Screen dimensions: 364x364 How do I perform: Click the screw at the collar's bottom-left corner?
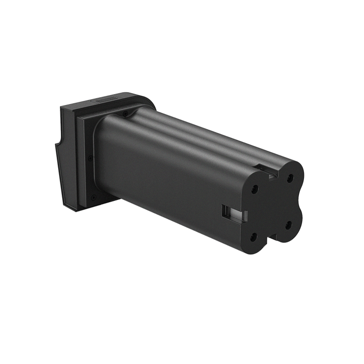[x=92, y=197]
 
